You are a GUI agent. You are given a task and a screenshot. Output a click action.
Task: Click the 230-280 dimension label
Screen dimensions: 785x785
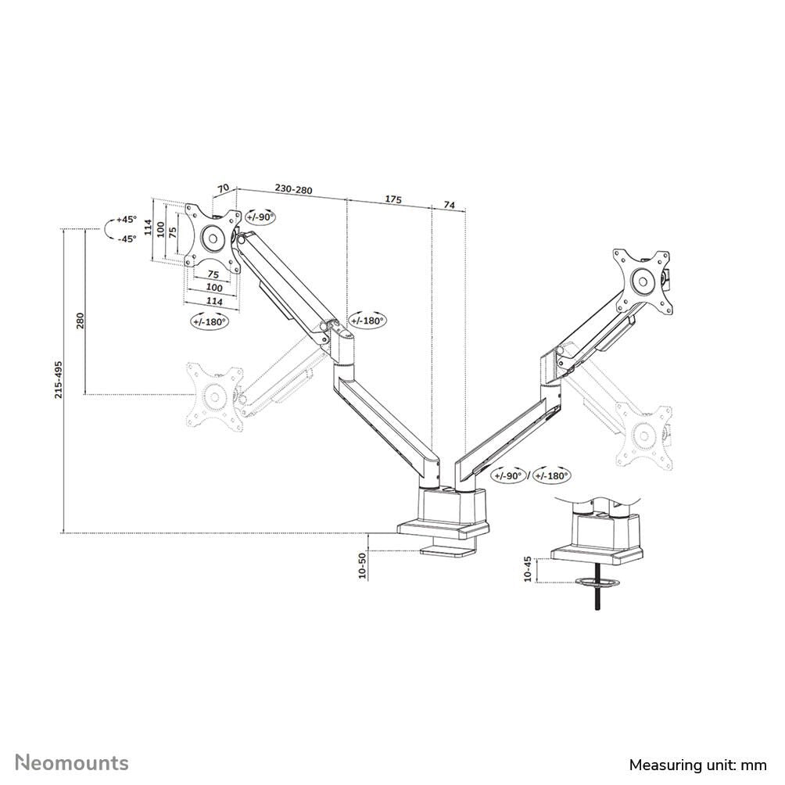point(293,189)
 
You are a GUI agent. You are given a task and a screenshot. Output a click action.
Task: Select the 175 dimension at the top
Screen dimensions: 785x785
point(392,200)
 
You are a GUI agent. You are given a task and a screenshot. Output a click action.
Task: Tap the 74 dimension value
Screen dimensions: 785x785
point(450,204)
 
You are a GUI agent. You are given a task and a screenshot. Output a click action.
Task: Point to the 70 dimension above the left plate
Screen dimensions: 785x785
point(223,188)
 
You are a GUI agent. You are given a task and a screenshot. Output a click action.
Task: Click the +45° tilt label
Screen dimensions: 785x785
point(126,220)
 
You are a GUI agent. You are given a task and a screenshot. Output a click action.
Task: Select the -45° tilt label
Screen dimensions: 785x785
point(126,238)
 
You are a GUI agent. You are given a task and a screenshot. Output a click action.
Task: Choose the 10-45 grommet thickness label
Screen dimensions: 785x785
point(528,568)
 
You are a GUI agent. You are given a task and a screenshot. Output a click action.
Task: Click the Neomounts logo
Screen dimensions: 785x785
point(73,762)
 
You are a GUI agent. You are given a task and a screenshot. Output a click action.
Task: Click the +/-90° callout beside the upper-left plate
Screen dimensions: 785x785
point(260,217)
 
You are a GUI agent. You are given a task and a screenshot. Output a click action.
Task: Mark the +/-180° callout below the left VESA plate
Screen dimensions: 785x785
point(209,321)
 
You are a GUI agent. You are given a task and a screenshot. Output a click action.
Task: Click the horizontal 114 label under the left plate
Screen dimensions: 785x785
point(213,301)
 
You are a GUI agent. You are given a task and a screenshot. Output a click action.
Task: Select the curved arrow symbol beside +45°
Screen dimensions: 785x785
point(108,229)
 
